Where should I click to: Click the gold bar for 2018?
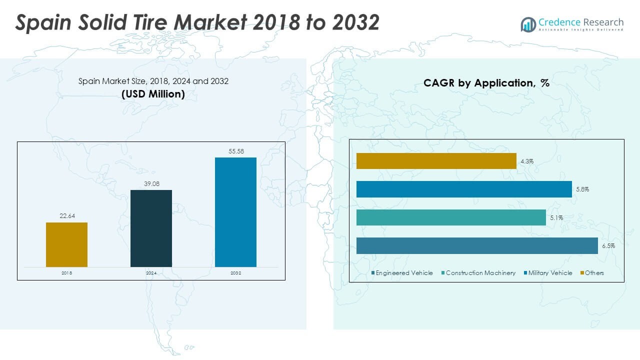(66, 244)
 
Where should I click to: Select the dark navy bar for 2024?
(151, 228)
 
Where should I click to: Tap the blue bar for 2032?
(235, 212)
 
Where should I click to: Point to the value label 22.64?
(66, 216)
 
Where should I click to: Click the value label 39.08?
(151, 184)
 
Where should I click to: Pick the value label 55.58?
(235, 151)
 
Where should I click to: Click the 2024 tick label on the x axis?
(151, 273)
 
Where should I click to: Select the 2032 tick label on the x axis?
(235, 273)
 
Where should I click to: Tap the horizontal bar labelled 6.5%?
(477, 245)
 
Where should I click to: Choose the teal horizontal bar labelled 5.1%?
(451, 217)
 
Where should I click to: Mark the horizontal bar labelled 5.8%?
(464, 189)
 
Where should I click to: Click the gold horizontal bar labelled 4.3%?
(436, 161)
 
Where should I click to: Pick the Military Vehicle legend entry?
(549, 273)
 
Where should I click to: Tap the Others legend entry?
(594, 273)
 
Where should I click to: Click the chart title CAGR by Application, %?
(486, 83)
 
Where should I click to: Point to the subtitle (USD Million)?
(153, 94)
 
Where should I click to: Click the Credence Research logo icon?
(528, 24)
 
